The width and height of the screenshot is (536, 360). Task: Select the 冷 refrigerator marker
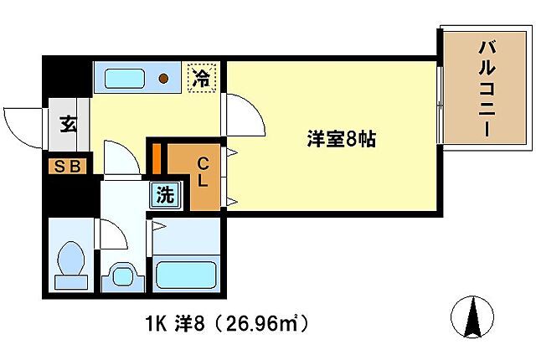pyautogui.click(x=201, y=79)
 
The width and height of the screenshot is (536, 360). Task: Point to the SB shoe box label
pyautogui.click(x=67, y=166)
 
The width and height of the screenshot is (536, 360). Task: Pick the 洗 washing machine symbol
pyautogui.click(x=166, y=196)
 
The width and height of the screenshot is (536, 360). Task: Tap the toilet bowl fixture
pyautogui.click(x=70, y=262)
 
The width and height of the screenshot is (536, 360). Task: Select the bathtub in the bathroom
pyautogui.click(x=186, y=274)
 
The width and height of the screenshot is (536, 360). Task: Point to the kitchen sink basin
pyautogui.click(x=125, y=79)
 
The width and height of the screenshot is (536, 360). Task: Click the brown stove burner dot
pyautogui.click(x=165, y=79)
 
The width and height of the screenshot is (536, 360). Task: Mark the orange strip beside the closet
pyautogui.click(x=156, y=157)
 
